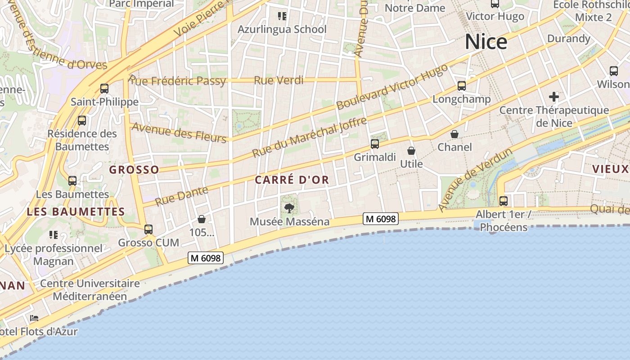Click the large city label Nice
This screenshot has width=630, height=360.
[x=486, y=42]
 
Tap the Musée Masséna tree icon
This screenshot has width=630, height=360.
[x=289, y=208]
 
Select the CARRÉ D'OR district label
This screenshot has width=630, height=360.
[x=292, y=180]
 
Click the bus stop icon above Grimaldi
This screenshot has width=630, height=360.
[x=375, y=144]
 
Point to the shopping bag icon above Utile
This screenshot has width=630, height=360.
[x=411, y=151]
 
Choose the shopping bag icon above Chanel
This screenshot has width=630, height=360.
[x=454, y=134]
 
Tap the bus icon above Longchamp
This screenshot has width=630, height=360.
[x=461, y=85]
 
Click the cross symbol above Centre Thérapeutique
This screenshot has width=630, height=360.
[x=554, y=96]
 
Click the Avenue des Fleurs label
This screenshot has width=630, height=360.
[x=179, y=133]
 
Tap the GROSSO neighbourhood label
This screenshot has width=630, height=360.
[x=134, y=170]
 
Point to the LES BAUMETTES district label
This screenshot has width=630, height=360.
[x=76, y=211]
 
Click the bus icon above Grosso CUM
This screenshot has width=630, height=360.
[x=148, y=229]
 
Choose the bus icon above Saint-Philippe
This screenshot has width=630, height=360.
[x=104, y=89]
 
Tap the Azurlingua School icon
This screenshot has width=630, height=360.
[x=282, y=17]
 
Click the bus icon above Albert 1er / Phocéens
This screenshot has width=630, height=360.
[x=504, y=201]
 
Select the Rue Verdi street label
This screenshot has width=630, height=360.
[x=279, y=81]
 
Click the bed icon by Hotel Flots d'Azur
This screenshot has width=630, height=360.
[x=34, y=318]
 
